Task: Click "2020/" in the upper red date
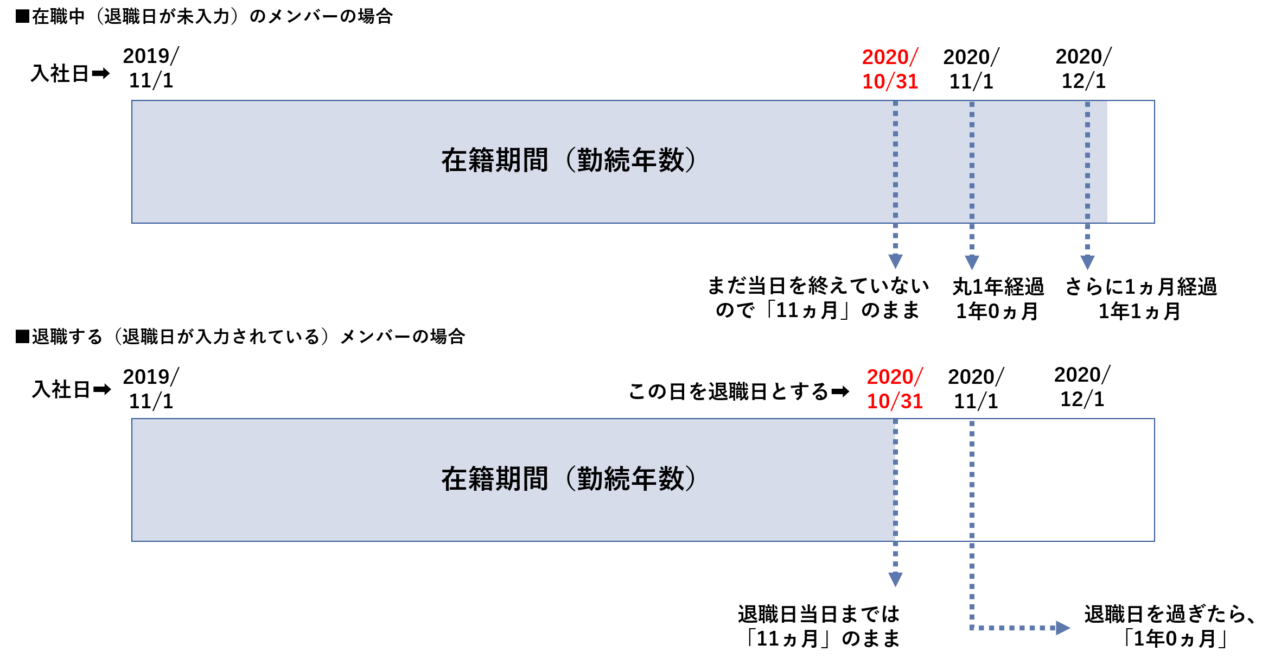click(x=890, y=57)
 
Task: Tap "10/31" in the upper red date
click(x=890, y=81)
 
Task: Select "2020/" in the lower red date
click(x=895, y=377)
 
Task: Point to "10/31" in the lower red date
click(x=895, y=401)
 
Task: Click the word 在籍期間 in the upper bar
click(x=494, y=161)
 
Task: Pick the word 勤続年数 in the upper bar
click(x=630, y=161)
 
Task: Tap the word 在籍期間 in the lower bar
click(x=494, y=479)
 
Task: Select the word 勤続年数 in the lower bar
click(x=630, y=479)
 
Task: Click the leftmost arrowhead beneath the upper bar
click(x=895, y=261)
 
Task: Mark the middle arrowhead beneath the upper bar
click(x=972, y=262)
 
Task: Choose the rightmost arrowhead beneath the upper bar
click(x=1087, y=262)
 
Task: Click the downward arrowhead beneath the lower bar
click(x=895, y=579)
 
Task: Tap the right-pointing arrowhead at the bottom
click(x=1063, y=628)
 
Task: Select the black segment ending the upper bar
click(x=1130, y=162)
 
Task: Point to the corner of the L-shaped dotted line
click(x=972, y=628)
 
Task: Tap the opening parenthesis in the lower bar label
click(x=570, y=479)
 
